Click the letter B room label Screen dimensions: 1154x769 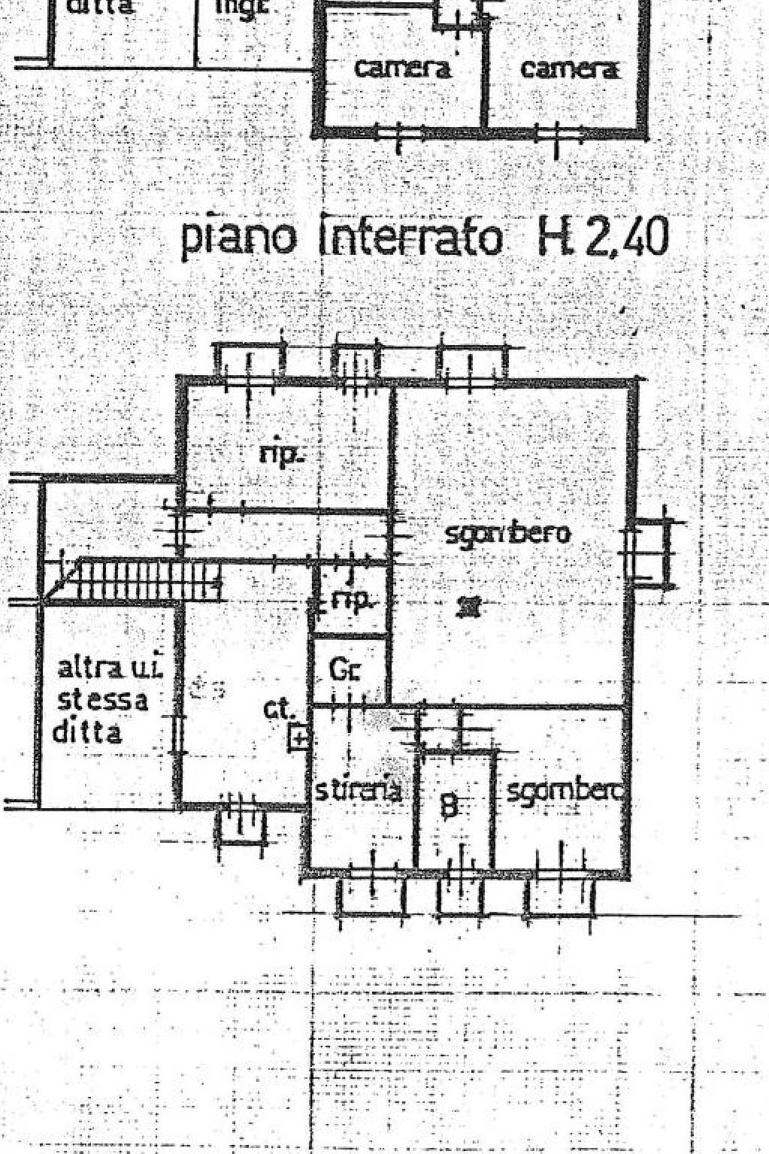point(449,806)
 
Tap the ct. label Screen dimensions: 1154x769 point(278,710)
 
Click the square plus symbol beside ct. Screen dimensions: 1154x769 point(299,739)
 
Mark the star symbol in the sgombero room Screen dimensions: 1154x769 point(471,605)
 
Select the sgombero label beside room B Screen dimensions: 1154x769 point(565,792)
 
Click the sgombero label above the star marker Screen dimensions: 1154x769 point(507,535)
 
